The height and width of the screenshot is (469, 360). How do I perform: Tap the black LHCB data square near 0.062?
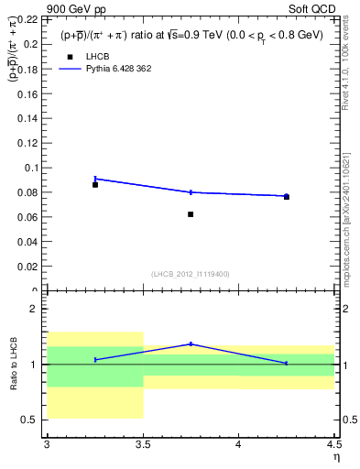tap(191, 214)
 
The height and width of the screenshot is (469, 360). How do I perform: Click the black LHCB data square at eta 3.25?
tap(94, 185)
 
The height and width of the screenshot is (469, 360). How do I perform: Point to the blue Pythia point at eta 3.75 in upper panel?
tap(191, 192)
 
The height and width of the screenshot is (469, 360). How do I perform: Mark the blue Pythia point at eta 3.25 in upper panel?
tap(94, 179)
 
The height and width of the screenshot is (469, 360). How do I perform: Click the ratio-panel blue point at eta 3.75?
tap(191, 344)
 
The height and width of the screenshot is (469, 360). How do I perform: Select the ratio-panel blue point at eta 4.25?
tap(286, 363)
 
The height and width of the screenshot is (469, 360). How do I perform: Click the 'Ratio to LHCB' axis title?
tap(14, 364)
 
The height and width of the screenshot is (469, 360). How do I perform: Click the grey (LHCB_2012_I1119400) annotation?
tap(191, 274)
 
